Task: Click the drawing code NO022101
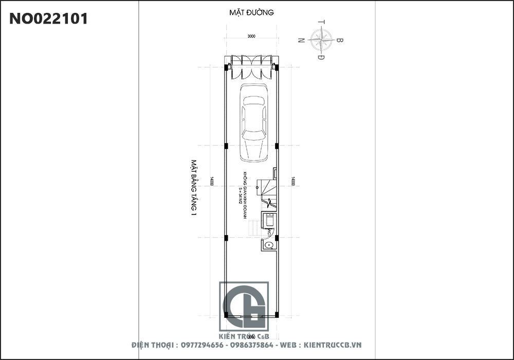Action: point(49,19)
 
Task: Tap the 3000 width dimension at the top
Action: point(251,37)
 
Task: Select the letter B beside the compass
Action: point(340,40)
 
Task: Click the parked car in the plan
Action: point(254,122)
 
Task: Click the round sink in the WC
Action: point(268,245)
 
